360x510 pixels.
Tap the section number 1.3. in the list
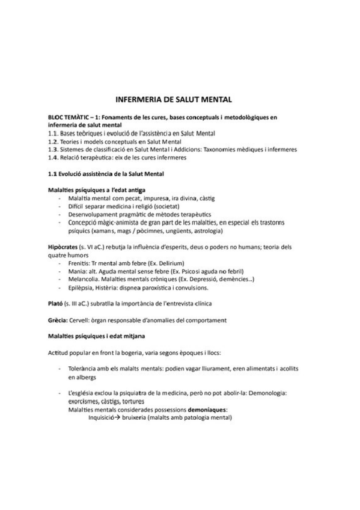[53, 149]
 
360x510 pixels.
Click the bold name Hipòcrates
[64, 247]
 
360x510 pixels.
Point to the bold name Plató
[56, 301]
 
